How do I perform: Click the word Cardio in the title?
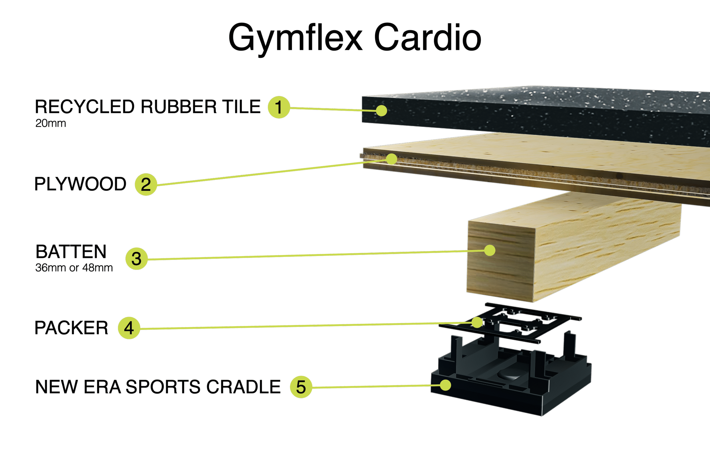click(428, 37)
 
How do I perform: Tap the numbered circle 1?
click(279, 107)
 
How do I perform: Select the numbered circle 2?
click(146, 185)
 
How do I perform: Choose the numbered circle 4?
click(129, 328)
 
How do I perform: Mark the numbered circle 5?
click(301, 387)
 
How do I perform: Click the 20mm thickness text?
click(51, 123)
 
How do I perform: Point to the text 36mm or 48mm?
click(74, 268)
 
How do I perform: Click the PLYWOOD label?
click(80, 184)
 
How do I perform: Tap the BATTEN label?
click(71, 252)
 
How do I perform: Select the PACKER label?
click(71, 328)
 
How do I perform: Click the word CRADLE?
click(244, 387)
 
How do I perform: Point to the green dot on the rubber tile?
click(381, 111)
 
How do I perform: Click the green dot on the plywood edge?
click(391, 159)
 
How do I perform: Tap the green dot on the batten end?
click(490, 250)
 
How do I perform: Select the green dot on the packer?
click(477, 322)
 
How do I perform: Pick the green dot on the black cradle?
click(445, 385)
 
